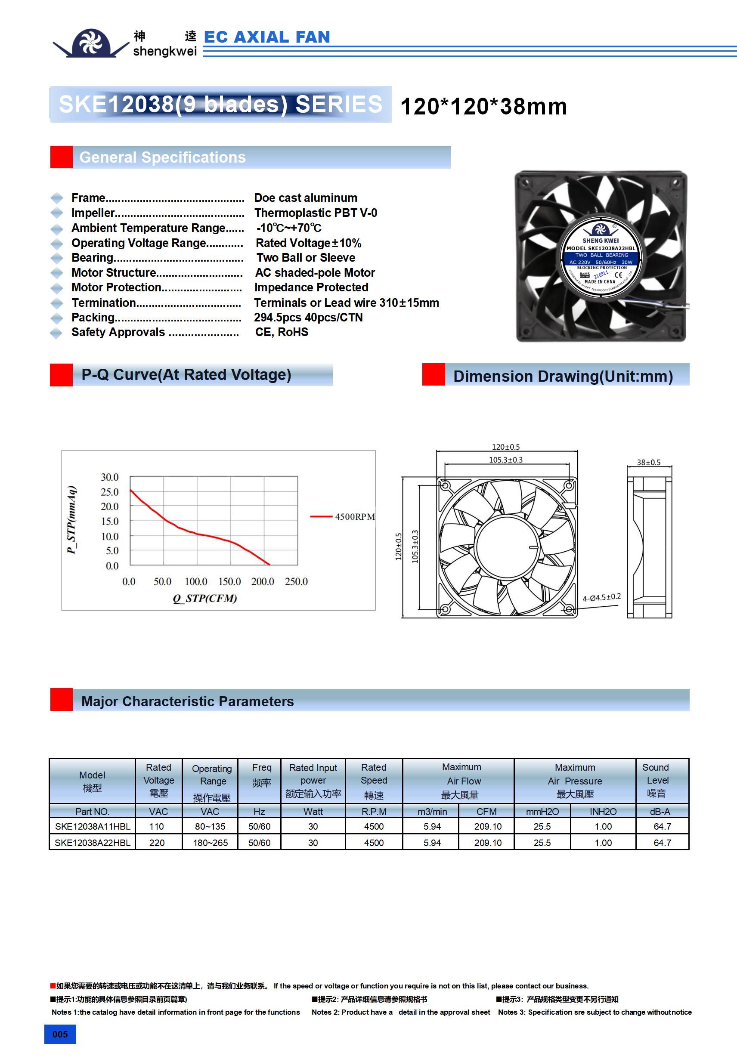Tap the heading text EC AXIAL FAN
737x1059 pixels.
pyautogui.click(x=267, y=37)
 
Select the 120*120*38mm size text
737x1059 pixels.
pyautogui.click(x=483, y=107)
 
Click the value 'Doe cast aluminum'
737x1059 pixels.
pyautogui.click(x=306, y=198)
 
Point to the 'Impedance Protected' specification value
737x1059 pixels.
pyautogui.click(x=311, y=287)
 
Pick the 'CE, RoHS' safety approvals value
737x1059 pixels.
pyautogui.click(x=282, y=332)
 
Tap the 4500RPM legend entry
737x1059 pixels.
pyautogui.click(x=354, y=516)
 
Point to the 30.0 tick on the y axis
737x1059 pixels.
pyautogui.click(x=110, y=477)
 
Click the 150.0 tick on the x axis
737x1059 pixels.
pyautogui.click(x=229, y=582)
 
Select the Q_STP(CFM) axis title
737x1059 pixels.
pyautogui.click(x=205, y=598)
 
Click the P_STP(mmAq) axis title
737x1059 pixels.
pyautogui.click(x=71, y=519)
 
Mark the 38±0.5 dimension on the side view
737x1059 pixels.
pyautogui.click(x=648, y=462)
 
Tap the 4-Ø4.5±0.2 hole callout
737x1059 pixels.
pyautogui.click(x=601, y=597)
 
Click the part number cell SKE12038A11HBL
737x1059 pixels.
pyautogui.click(x=92, y=826)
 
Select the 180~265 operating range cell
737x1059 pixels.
pyautogui.click(x=210, y=843)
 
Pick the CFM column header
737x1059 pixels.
pyautogui.click(x=486, y=811)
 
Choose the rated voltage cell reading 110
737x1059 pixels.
pyautogui.click(x=156, y=826)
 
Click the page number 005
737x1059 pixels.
pyautogui.click(x=60, y=1034)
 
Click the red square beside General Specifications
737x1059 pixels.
pyautogui.click(x=62, y=157)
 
